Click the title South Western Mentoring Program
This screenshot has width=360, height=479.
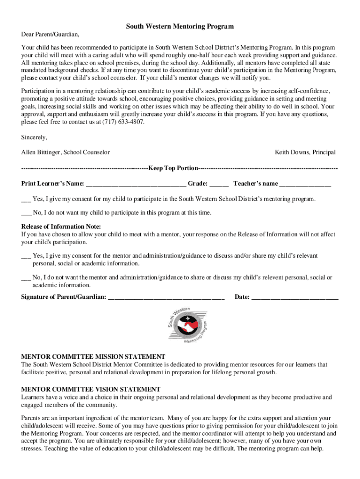click(180, 27)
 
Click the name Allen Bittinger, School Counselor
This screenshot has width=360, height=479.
click(65, 152)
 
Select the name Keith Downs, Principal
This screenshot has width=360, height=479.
click(305, 152)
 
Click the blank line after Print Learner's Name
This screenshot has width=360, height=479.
click(136, 184)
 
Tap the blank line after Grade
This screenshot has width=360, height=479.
click(219, 184)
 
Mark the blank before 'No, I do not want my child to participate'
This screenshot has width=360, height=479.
click(26, 213)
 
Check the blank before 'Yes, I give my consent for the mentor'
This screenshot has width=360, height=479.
click(26, 256)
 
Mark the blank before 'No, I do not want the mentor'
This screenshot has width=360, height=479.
click(26, 278)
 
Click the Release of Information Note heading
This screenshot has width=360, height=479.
click(61, 227)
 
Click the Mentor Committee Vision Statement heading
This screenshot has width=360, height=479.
click(91, 389)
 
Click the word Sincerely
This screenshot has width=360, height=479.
click(34, 137)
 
